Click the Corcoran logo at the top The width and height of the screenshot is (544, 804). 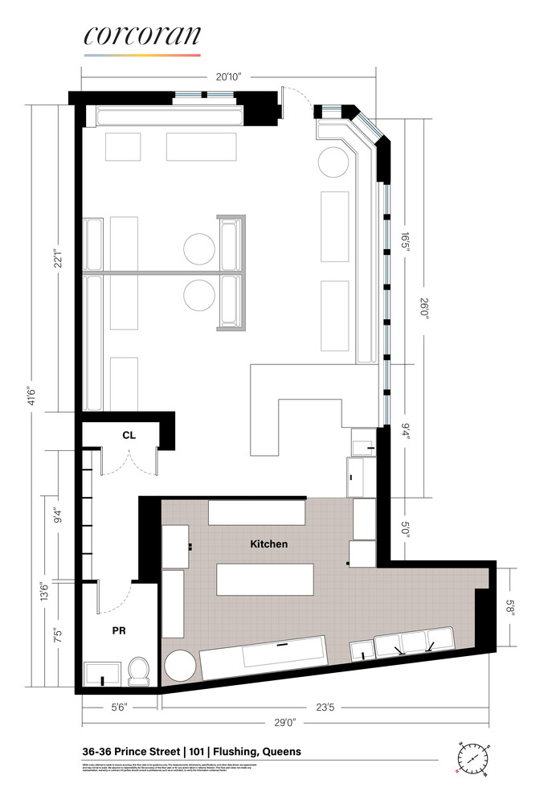click(142, 38)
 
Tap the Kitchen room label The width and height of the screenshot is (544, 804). click(268, 544)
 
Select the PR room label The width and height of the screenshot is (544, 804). click(119, 632)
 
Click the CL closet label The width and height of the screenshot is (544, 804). click(129, 435)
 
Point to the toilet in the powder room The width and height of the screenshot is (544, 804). click(140, 671)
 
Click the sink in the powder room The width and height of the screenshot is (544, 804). click(103, 674)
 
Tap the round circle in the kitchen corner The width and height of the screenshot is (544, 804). click(180, 665)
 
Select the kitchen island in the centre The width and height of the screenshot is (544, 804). click(264, 579)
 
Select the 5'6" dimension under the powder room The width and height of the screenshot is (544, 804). click(121, 708)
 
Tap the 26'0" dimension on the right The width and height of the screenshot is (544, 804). click(425, 308)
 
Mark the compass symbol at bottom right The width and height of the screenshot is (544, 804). click(472, 757)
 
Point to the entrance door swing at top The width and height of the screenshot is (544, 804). click(296, 100)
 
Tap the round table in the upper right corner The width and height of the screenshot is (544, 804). click(333, 161)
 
